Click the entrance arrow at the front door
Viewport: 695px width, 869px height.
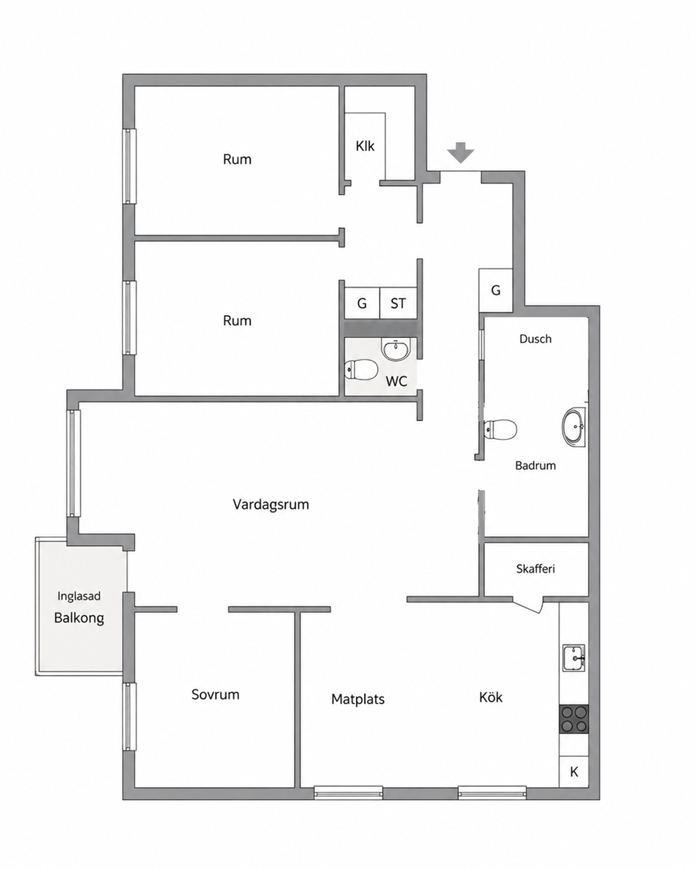(x=460, y=152)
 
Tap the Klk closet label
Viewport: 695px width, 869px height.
(x=365, y=146)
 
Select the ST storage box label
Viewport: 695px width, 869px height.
(x=398, y=303)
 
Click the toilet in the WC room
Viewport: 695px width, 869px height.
(x=361, y=369)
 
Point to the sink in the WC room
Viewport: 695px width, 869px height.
(x=397, y=349)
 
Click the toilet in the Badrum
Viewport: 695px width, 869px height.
(x=500, y=429)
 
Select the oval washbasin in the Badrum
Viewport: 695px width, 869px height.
(x=574, y=427)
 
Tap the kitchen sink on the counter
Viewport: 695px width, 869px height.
(x=574, y=658)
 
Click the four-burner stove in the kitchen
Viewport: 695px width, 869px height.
(x=574, y=719)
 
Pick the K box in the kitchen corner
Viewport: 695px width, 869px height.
(x=574, y=772)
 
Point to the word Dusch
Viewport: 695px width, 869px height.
(x=535, y=338)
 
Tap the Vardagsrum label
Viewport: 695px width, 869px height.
(x=270, y=505)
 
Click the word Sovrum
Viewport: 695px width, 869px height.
(x=215, y=694)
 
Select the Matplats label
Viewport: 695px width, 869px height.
(x=358, y=699)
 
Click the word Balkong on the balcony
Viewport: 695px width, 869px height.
(x=79, y=618)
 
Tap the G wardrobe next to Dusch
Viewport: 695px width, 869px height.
(x=495, y=290)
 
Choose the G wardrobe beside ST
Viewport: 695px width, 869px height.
(x=362, y=303)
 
